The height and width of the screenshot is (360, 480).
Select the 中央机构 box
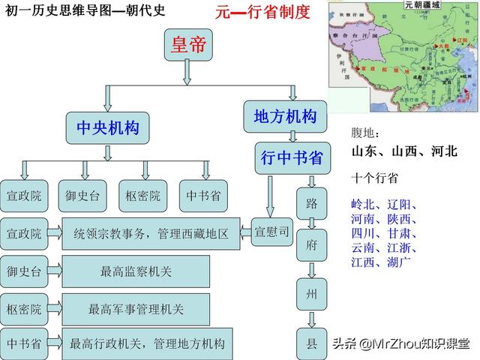pyautogui.click(x=108, y=128)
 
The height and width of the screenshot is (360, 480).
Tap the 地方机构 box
pyautogui.click(x=285, y=117)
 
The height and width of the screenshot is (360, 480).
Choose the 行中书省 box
pyautogui.click(x=292, y=157)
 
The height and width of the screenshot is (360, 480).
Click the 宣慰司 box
pyautogui.click(x=271, y=232)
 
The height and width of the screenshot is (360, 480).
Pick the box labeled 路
pyautogui.click(x=312, y=202)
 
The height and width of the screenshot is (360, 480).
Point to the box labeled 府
pyautogui.click(x=312, y=245)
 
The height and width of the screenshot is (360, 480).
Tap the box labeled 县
pyautogui.click(x=312, y=343)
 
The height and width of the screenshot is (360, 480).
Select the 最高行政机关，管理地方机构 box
pyautogui.click(x=147, y=344)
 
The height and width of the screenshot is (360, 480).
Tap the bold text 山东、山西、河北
pyautogui.click(x=403, y=151)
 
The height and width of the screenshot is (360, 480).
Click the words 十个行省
pyautogui.click(x=374, y=178)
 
